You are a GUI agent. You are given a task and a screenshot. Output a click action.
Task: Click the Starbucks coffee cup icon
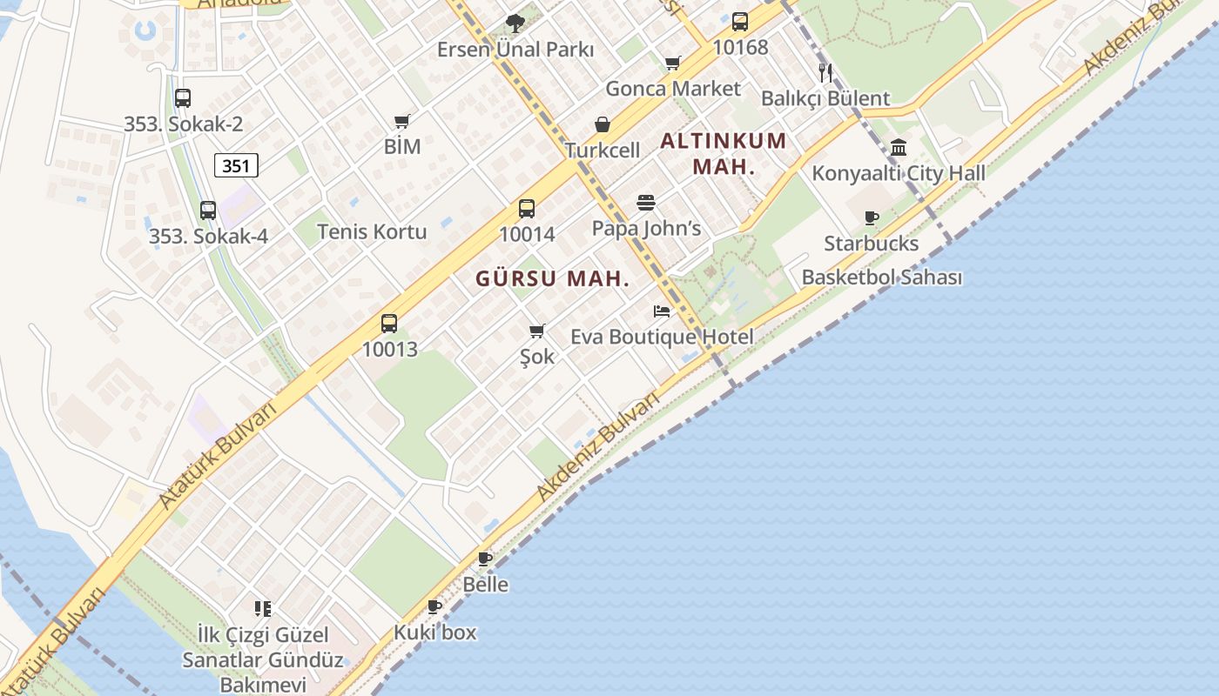[872, 217]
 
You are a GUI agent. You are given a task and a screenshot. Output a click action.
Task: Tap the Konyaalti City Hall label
[899, 173]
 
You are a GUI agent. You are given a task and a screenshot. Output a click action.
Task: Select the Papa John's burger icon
[646, 203]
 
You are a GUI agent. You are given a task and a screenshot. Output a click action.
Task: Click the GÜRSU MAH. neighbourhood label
[552, 279]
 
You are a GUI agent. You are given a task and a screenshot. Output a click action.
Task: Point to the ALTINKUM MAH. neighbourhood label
[724, 153]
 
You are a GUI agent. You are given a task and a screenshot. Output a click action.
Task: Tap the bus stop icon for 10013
[389, 324]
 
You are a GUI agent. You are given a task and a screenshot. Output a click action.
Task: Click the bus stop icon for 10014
[527, 209]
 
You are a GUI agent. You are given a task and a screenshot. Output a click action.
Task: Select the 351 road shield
[236, 165]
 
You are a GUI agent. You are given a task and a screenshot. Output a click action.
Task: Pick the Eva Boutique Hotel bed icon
[662, 311]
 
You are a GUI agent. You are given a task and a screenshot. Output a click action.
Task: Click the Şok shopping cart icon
[537, 331]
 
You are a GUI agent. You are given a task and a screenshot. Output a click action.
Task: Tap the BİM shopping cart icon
[401, 121]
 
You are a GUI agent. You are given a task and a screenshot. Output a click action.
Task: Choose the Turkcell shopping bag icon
[602, 125]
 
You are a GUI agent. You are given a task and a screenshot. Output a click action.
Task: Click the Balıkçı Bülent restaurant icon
[825, 72]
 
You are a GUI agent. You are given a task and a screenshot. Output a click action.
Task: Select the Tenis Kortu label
[372, 231]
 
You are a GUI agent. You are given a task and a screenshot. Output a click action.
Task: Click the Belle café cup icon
[485, 559]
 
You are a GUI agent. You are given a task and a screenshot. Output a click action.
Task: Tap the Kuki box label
[435, 632]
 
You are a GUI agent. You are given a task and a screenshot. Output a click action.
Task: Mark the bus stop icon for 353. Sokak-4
[208, 211]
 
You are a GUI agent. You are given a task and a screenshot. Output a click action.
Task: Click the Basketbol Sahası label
[882, 278]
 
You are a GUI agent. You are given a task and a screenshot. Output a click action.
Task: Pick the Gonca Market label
[673, 89]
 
